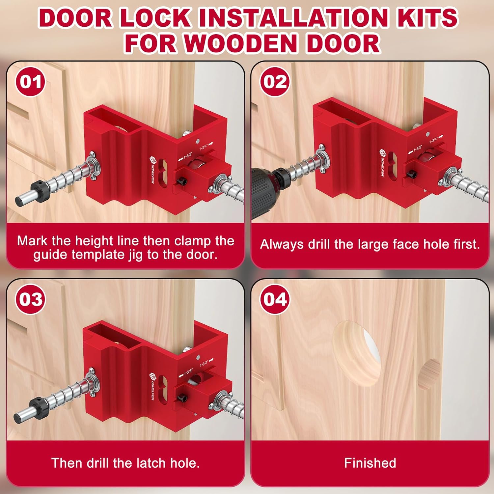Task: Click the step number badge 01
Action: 30,82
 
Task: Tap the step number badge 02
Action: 275,82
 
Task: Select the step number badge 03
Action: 30,299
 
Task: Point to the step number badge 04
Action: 275,299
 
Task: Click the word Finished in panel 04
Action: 370,463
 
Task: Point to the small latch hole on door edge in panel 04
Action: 429,374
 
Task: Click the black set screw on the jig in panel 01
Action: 181,182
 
